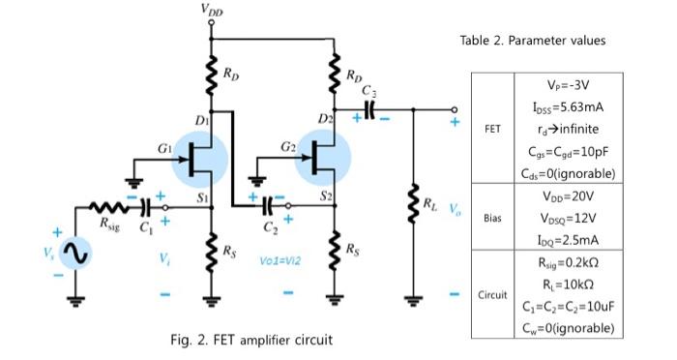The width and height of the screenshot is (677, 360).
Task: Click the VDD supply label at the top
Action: click(211, 10)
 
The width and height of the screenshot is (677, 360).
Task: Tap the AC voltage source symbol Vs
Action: click(75, 254)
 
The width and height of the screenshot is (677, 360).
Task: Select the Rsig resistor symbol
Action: click(107, 207)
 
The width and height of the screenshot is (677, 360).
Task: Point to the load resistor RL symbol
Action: click(415, 204)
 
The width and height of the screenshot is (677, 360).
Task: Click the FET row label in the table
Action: click(492, 126)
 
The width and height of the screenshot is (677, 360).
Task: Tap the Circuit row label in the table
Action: click(492, 293)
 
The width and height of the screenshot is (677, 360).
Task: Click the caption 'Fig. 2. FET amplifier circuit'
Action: click(252, 340)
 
